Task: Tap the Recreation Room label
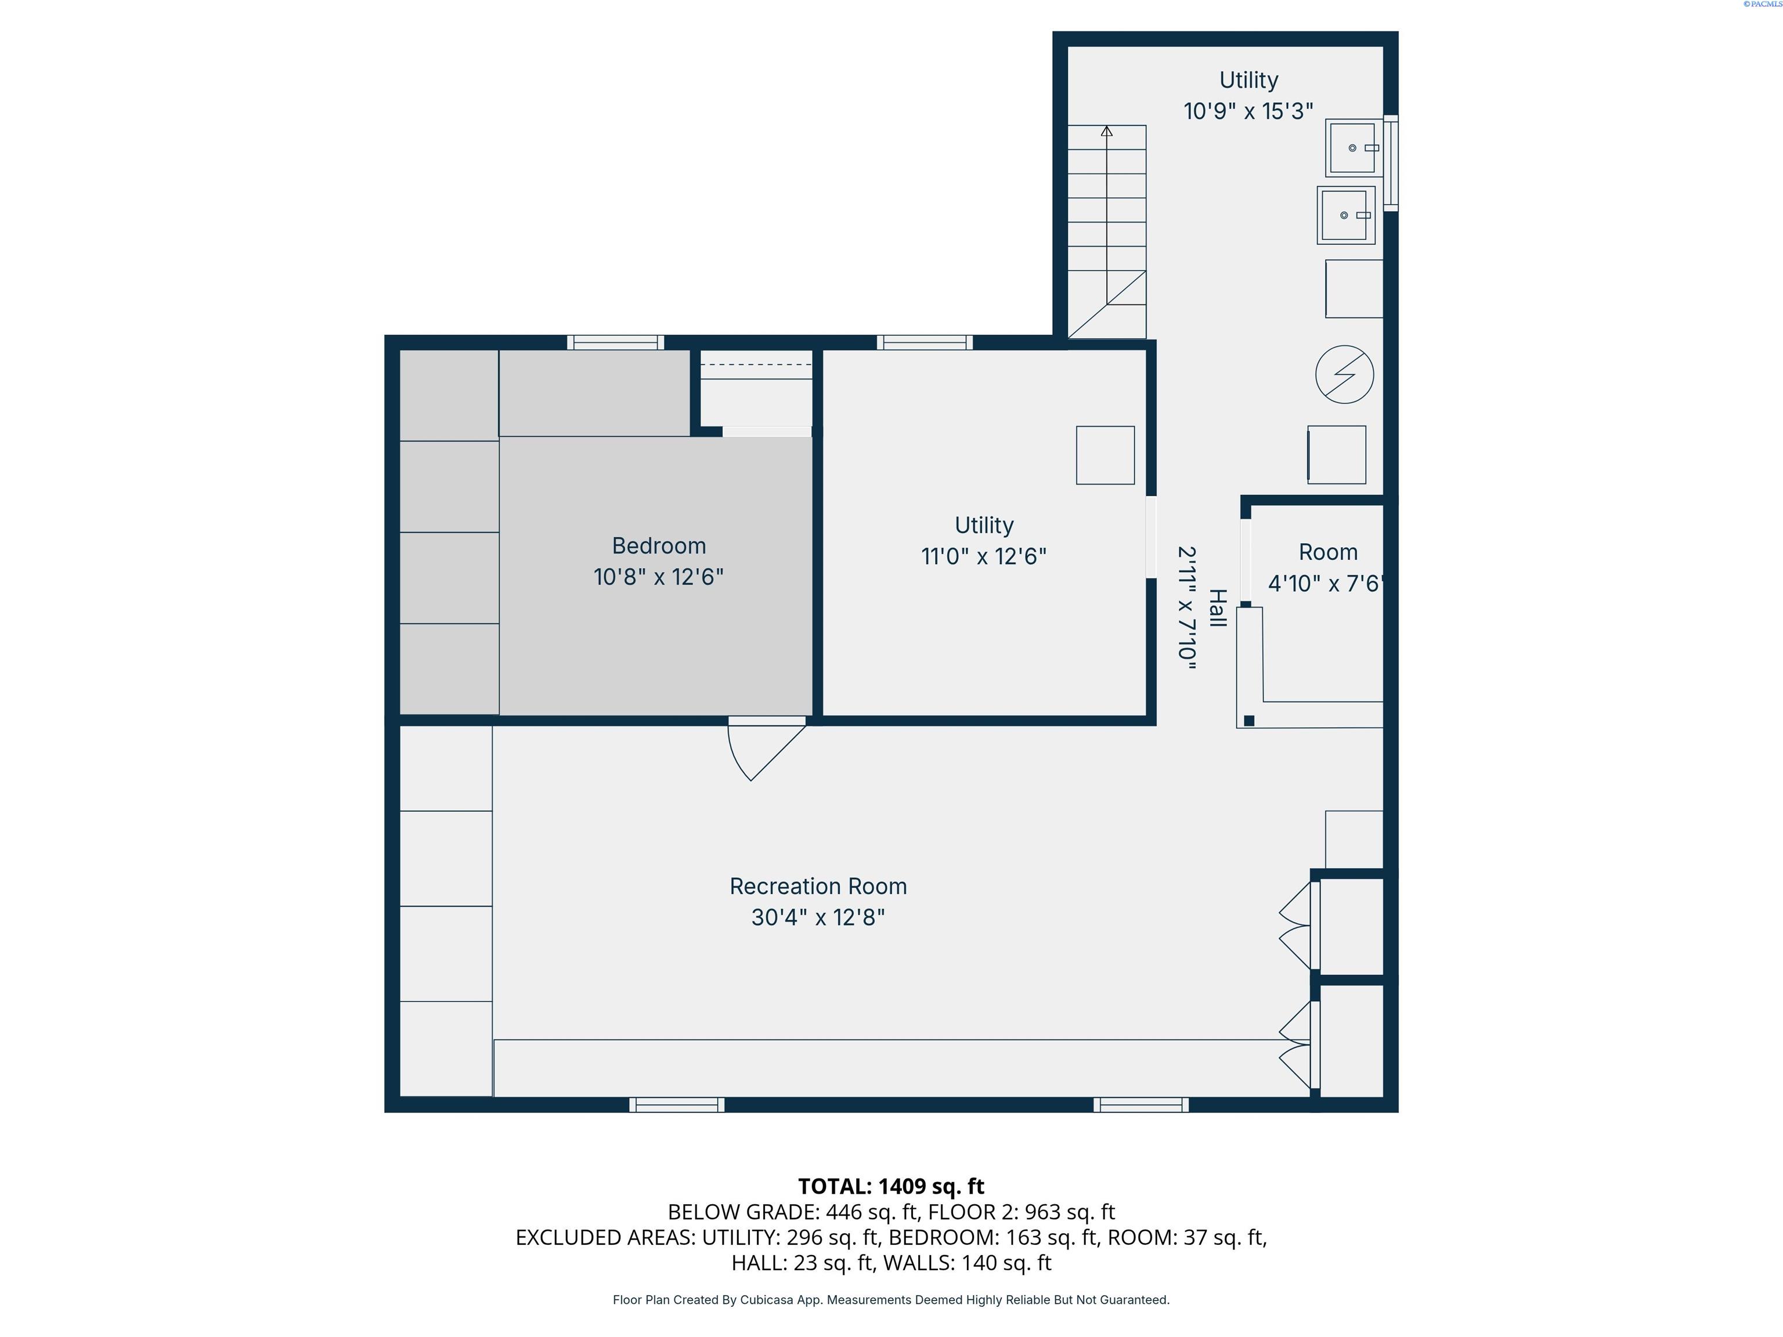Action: coord(818,887)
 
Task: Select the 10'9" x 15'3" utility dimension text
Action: coord(1248,111)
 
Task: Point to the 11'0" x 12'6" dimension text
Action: coord(983,556)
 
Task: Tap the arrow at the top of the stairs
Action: coord(1107,131)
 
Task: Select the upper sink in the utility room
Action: coord(1354,147)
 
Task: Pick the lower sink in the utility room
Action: coord(1346,215)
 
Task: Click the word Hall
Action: coord(1217,609)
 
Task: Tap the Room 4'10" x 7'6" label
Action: coord(1327,568)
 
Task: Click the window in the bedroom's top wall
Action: coord(616,342)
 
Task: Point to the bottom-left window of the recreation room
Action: coord(677,1105)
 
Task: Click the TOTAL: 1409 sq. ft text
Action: coord(891,1186)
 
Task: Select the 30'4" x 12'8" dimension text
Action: coord(818,918)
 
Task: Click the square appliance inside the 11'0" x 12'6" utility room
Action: coord(1105,456)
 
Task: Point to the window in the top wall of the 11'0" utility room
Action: coord(925,342)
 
